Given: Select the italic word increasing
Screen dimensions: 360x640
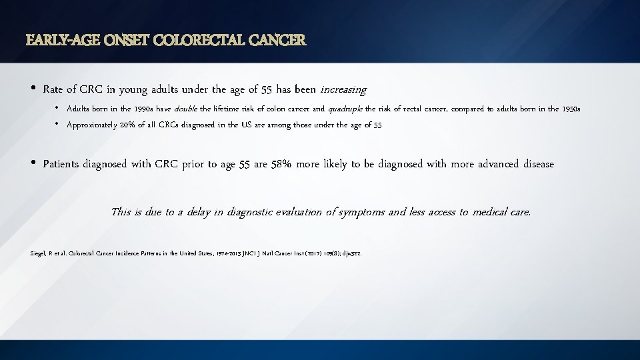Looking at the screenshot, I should [x=343, y=89].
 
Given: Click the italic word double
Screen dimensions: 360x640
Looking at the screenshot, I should [x=185, y=109].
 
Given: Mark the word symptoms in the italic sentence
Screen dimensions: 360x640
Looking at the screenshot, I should [x=363, y=212].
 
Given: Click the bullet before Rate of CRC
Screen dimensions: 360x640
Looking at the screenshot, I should [x=33, y=89].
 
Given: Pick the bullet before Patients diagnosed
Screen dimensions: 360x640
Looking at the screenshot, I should [x=33, y=163].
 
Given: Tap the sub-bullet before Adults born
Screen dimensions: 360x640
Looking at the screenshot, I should [x=59, y=108].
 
